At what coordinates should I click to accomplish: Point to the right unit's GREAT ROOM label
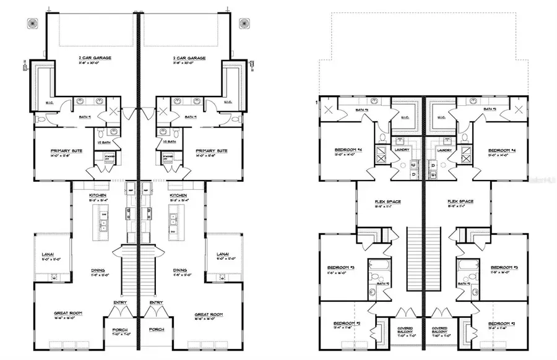208,314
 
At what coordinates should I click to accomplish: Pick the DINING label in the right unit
180,270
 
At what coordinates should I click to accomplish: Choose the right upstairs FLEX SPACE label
460,202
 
